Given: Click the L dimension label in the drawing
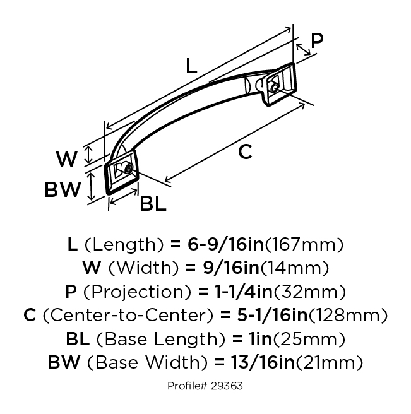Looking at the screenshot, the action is pos(191,66).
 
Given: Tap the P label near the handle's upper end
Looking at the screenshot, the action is pos(317,40).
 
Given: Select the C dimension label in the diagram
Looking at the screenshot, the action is pos(245,151).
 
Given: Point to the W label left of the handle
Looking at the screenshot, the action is pos(67,159).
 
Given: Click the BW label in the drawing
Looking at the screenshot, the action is pos(63,189).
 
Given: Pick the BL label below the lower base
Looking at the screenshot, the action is pos(153,204).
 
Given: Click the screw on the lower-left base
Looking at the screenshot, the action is pos(129,168).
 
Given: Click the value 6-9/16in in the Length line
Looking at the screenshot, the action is pos(226,244).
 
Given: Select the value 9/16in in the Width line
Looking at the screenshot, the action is pos(232,268).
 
